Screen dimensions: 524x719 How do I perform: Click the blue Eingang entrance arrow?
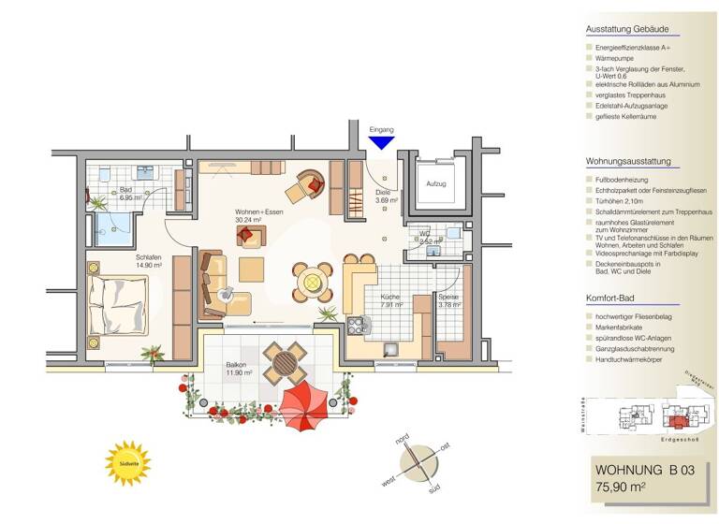click(x=381, y=142)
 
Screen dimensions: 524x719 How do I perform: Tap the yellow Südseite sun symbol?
click(x=127, y=462)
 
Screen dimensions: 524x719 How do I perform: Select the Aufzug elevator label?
click(x=436, y=184)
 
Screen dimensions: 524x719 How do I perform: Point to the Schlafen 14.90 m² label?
click(x=150, y=260)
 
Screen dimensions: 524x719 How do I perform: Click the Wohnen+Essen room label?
click(x=259, y=217)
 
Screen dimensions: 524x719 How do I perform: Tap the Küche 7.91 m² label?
click(x=390, y=300)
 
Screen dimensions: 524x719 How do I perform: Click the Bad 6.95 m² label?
click(x=130, y=194)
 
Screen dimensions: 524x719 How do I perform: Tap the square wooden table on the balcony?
click(x=285, y=360)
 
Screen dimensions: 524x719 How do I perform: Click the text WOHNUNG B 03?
click(x=643, y=470)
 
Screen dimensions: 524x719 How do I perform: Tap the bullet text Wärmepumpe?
click(x=616, y=57)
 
